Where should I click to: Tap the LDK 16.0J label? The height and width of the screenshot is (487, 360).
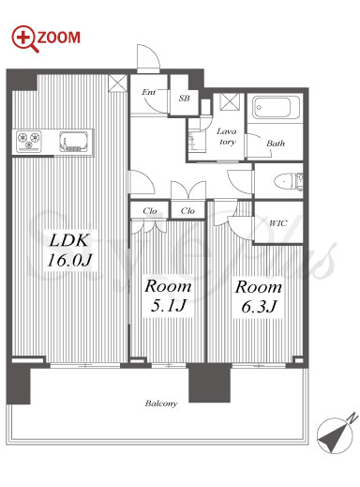pos(68,251)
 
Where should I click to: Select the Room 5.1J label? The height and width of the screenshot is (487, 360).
pos(168,296)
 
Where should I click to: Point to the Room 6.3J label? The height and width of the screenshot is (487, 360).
pos(258,297)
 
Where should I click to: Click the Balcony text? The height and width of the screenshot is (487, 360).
pos(161,403)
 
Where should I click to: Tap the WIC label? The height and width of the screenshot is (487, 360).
pos(277,223)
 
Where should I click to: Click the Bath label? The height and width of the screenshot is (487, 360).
pos(276,144)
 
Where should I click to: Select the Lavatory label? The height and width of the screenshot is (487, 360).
pos(227,136)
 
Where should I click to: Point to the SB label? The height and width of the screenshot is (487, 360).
pos(184,99)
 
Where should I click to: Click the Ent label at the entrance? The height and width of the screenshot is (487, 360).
pos(148,92)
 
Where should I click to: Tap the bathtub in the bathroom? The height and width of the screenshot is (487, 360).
pos(275,108)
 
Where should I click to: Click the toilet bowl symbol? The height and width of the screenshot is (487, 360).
pos(284,181)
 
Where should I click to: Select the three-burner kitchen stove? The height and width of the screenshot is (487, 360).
pos(29,141)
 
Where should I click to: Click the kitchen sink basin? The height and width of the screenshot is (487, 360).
pos(74,142)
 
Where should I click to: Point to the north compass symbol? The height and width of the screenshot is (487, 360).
pos(336,434)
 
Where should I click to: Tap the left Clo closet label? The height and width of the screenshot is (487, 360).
pos(150,211)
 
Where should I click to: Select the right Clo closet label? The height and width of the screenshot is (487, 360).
pos(187,211)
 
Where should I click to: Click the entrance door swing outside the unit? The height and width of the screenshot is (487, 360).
pos(148,58)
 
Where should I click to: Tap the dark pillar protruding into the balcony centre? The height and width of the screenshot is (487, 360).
pos(210,383)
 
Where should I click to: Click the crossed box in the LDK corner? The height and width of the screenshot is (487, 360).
pos(117,84)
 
